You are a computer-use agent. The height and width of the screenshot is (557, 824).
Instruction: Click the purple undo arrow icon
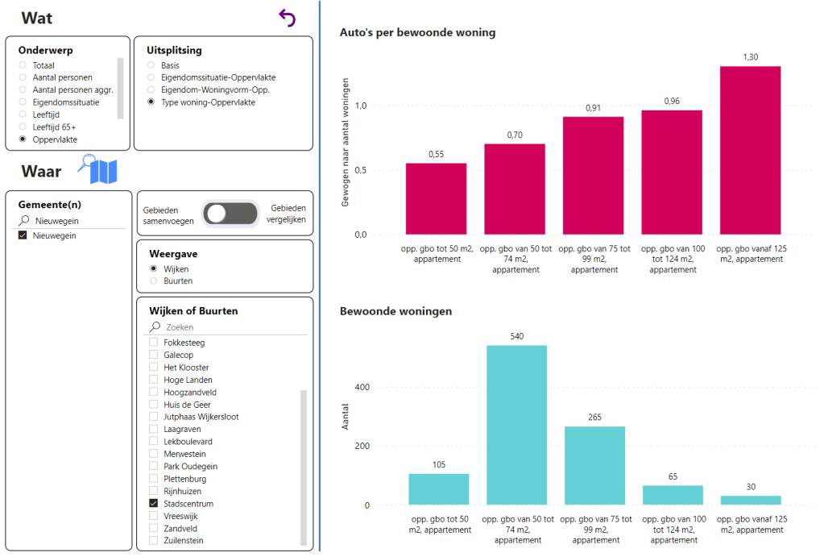[287, 18]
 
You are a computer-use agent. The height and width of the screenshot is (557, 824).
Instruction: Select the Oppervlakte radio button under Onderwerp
[23, 139]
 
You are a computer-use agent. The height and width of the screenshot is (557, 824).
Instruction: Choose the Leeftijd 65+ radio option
[23, 127]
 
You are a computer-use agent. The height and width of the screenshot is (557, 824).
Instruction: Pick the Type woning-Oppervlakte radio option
[151, 102]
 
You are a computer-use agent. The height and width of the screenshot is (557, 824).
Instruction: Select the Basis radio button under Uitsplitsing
[151, 65]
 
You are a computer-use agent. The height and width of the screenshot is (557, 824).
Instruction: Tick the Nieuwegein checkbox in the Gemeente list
[23, 235]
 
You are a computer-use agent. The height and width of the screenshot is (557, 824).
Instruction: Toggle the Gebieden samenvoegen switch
[230, 214]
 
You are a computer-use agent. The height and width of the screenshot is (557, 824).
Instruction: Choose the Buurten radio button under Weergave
[154, 281]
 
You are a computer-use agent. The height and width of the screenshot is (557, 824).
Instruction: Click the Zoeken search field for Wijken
[234, 327]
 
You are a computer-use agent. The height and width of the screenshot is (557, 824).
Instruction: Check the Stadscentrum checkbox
[154, 504]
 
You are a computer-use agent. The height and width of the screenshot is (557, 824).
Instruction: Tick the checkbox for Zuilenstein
[154, 541]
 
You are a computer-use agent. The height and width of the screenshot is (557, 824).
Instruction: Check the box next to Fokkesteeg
[154, 343]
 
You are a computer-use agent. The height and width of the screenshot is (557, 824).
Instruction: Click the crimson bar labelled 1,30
[750, 150]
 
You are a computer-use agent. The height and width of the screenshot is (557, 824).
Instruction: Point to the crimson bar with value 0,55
[436, 198]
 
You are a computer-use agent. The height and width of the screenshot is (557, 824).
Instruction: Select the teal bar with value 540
[516, 425]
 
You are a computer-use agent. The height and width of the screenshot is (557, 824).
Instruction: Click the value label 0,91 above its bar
[593, 108]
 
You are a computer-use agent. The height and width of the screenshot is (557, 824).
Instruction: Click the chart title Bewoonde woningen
[395, 311]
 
